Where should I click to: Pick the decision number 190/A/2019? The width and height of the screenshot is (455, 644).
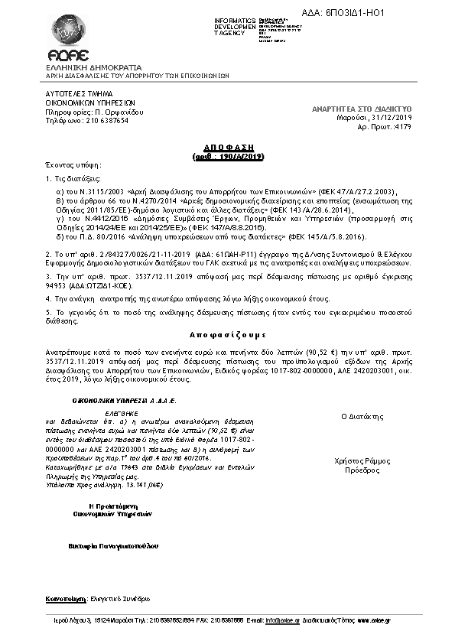(x=235, y=155)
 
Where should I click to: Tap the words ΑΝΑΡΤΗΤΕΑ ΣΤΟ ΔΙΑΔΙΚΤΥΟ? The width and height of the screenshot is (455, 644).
(x=362, y=110)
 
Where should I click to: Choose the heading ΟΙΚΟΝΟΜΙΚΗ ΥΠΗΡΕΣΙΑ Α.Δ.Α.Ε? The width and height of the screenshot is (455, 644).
(x=113, y=399)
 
